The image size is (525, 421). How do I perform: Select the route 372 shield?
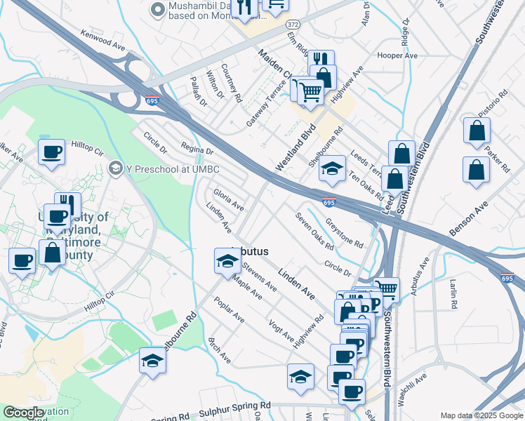pos(293,24)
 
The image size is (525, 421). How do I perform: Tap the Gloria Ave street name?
pos(229,199)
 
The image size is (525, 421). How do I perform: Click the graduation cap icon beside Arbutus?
pos(227,261)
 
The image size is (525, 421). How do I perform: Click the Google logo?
pos(23,413)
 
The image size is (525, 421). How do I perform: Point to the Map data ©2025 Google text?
pos(481,415)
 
